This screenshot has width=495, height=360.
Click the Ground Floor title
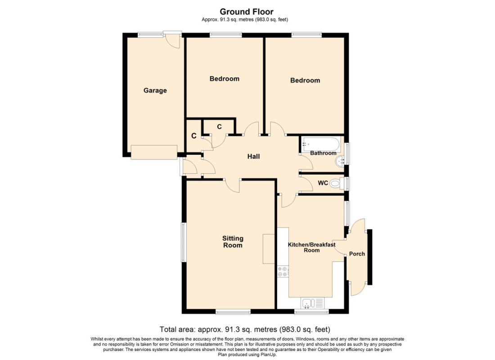[246, 12]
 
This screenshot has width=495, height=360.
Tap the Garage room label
[155, 90]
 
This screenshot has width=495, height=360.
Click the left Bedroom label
[224, 79]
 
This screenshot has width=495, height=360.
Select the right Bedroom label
[305, 81]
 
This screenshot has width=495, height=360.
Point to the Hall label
[253, 157]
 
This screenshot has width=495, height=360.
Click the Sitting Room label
[232, 242]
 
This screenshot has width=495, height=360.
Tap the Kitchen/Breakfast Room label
[311, 247]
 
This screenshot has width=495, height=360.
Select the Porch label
[357, 254]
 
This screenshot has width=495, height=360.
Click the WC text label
[323, 183]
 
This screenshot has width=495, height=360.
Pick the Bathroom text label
[323, 153]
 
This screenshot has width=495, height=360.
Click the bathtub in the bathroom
[321, 144]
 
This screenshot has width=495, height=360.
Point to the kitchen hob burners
[283, 271]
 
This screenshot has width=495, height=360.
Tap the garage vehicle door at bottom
[154, 153]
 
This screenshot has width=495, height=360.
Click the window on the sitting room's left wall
[183, 242]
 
